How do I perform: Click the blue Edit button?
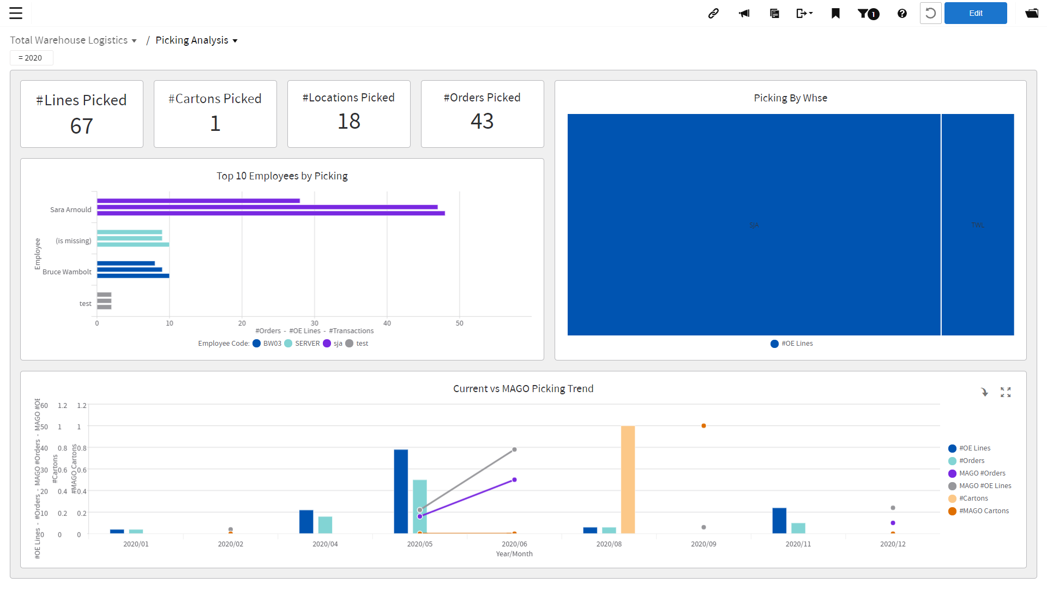(x=975, y=13)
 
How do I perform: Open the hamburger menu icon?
(x=16, y=13)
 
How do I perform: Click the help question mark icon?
(x=902, y=13)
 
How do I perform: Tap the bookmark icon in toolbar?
(x=835, y=13)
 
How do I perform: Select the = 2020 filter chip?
(x=31, y=58)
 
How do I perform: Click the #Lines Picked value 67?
(x=81, y=126)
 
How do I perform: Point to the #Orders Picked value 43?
(x=482, y=121)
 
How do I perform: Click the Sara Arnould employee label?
(x=70, y=209)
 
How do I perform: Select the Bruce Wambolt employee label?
(x=67, y=272)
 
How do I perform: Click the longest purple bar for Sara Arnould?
(x=270, y=213)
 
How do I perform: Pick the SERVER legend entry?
(x=307, y=344)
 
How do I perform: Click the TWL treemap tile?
(x=977, y=225)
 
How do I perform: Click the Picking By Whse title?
(x=790, y=98)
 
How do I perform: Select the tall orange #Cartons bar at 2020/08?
(x=628, y=479)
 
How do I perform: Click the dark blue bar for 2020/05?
(x=401, y=491)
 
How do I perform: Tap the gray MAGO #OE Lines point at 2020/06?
(x=514, y=450)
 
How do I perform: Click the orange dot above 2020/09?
(x=703, y=425)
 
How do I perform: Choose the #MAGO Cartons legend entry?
(x=983, y=511)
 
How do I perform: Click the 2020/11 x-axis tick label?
(x=798, y=544)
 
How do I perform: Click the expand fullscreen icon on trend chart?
(x=1006, y=392)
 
